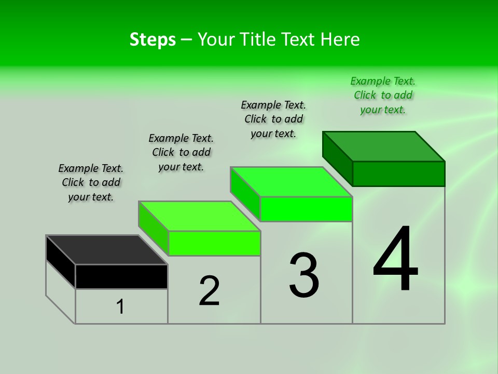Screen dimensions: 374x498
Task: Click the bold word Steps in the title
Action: (x=153, y=39)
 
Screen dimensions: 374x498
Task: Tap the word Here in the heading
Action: (x=340, y=39)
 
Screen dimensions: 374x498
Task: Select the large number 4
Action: (x=395, y=259)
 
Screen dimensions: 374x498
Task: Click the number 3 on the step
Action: (x=304, y=275)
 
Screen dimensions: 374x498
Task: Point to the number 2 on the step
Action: (x=209, y=291)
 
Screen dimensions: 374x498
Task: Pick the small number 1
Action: (x=120, y=306)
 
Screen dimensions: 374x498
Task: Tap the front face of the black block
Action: (x=121, y=276)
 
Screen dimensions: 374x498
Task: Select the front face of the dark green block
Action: (x=398, y=173)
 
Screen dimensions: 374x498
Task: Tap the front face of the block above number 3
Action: (x=306, y=209)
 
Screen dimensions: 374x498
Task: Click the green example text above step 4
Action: (x=383, y=95)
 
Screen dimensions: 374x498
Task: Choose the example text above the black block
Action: (x=91, y=182)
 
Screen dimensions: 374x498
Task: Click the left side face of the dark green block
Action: (x=337, y=158)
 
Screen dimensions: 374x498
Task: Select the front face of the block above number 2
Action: (x=214, y=243)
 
